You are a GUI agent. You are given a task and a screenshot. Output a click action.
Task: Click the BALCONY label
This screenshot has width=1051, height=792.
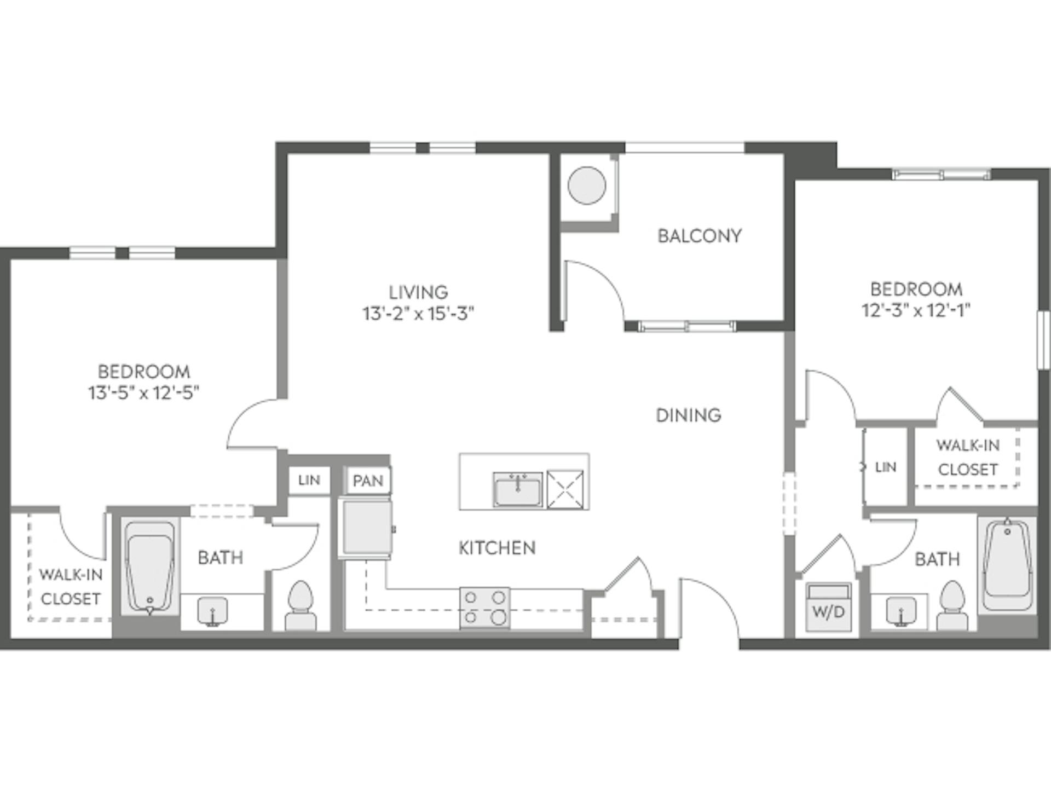tap(699, 236)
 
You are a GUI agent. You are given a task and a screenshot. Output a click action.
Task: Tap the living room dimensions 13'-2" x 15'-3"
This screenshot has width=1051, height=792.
tap(418, 314)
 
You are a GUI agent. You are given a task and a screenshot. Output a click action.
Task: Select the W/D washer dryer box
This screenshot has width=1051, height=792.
tap(828, 608)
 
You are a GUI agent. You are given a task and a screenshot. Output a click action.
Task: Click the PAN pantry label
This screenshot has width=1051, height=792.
tap(367, 481)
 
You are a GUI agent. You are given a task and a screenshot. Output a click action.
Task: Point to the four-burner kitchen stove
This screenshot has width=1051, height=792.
tap(484, 608)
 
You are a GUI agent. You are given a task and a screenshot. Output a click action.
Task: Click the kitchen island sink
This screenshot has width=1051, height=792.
tap(517, 489)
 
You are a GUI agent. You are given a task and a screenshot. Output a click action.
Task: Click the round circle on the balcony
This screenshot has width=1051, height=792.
tap(587, 186)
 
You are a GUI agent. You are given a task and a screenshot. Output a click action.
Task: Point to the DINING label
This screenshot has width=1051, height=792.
tap(688, 415)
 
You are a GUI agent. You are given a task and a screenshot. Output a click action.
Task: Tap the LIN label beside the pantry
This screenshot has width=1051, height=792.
tap(309, 481)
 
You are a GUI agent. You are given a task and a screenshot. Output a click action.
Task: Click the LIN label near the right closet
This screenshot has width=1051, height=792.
tap(885, 467)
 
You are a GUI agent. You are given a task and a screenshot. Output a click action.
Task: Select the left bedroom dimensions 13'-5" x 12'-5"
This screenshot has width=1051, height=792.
tap(143, 393)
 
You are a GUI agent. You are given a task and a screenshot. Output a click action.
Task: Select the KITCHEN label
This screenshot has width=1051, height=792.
tap(496, 548)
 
